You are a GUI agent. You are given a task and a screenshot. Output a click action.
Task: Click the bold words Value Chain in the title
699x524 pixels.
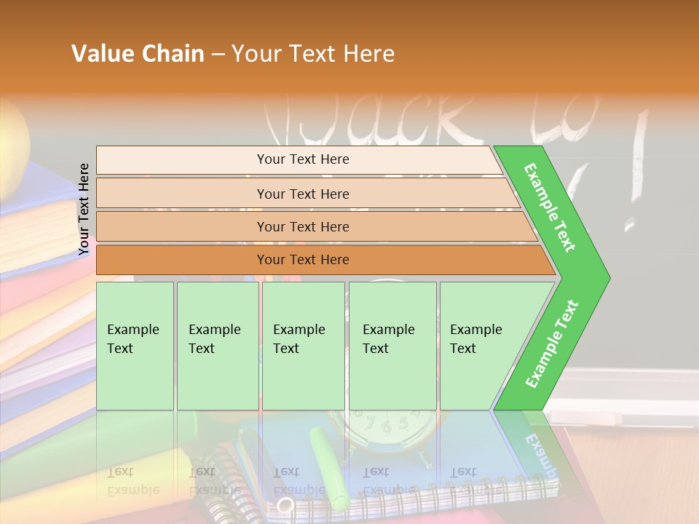[x=138, y=54]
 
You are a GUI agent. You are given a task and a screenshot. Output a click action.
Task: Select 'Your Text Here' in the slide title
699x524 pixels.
[x=313, y=54]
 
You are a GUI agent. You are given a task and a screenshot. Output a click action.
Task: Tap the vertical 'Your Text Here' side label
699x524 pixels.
[x=84, y=209]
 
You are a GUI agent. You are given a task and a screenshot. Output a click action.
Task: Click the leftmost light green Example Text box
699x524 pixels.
[x=135, y=346]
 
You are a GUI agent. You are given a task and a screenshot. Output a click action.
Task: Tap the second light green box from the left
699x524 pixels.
[x=217, y=346]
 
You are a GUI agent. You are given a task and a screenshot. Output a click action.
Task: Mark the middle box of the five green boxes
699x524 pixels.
[x=303, y=346]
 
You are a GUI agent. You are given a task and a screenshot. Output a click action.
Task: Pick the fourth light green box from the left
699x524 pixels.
[x=392, y=346]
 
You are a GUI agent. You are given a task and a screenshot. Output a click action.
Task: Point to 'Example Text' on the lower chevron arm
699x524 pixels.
[x=552, y=344]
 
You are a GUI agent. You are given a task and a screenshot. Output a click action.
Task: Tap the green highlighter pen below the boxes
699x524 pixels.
[x=328, y=466]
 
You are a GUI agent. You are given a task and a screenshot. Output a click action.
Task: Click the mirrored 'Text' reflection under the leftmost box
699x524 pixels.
[x=120, y=472]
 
